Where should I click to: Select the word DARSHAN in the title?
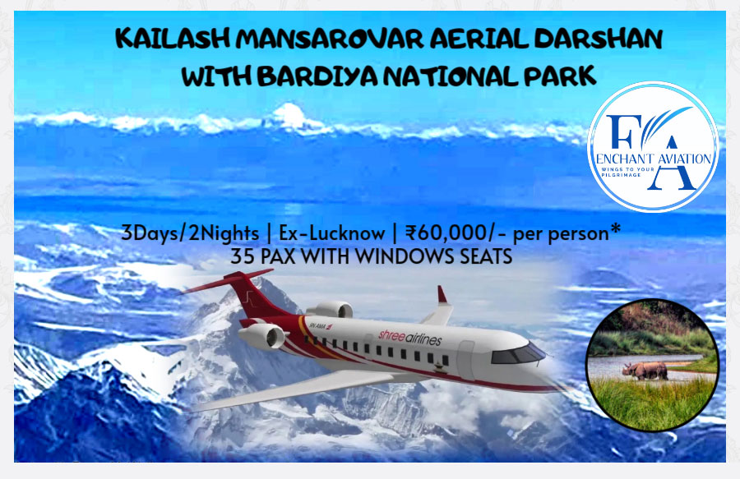599,39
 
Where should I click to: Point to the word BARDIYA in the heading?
317,76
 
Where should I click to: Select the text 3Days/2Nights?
190,233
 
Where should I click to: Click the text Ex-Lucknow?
332,233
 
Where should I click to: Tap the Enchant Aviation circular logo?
653,146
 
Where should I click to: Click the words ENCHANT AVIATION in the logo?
653,159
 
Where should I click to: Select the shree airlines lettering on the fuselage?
409,337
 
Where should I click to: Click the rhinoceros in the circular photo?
645,371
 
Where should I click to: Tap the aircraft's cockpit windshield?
518,353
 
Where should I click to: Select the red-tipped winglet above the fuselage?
442,295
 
